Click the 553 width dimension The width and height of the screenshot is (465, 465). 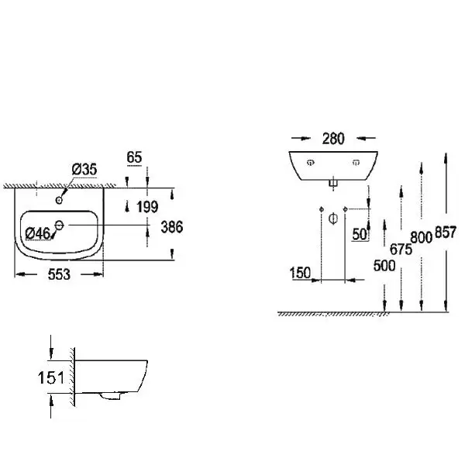pos(59,275)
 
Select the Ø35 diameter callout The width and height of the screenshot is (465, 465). pos(84,170)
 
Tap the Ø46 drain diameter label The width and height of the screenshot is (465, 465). pos(38,232)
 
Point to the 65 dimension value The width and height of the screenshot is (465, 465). pos(134,157)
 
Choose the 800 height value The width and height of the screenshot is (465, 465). pos(421,238)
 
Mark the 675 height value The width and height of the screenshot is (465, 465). pos(400,249)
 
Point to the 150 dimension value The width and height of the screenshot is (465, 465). pos(301,273)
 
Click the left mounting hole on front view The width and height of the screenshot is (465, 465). pos(309,163)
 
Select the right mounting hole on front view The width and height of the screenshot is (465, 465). pos(357,163)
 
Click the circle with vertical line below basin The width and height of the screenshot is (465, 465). pos(332,218)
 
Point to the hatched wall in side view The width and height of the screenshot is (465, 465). pos(72,378)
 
